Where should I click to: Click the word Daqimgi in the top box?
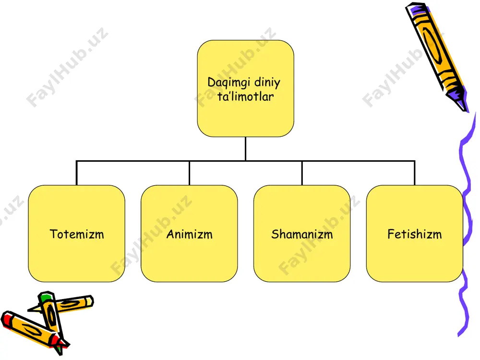228,83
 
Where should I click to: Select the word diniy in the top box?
267,82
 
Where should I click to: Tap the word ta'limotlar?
245,96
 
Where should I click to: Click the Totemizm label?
77,234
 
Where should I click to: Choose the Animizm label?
190,234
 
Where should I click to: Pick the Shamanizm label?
302,234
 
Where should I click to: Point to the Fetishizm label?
415,234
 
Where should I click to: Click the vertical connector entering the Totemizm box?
76,173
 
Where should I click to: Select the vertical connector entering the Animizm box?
190,173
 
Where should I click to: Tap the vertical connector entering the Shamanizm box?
302,173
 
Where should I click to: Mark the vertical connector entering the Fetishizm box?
415,173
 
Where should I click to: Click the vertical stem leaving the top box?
245,149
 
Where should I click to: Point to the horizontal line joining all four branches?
245,161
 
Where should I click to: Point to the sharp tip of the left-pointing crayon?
29,310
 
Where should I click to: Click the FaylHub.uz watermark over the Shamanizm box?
319,235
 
